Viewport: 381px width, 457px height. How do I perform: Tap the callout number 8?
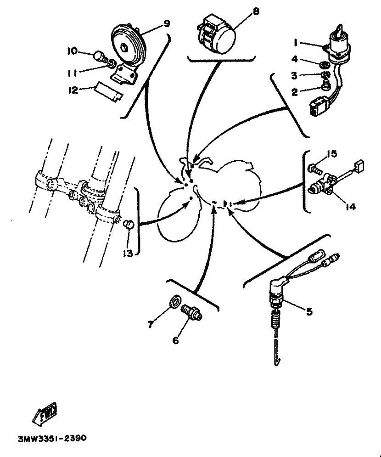pos(256,11)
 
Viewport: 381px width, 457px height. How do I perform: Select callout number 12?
pos(73,90)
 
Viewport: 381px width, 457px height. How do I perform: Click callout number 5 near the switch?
pos(309,311)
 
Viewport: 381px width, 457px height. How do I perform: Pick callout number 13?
pos(128,253)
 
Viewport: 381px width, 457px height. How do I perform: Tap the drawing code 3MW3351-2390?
pos(52,438)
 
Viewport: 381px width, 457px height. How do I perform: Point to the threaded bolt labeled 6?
pos(191,312)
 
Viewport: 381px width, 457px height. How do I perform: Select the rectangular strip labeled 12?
pos(108,92)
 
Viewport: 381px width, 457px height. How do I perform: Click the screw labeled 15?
pos(315,168)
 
